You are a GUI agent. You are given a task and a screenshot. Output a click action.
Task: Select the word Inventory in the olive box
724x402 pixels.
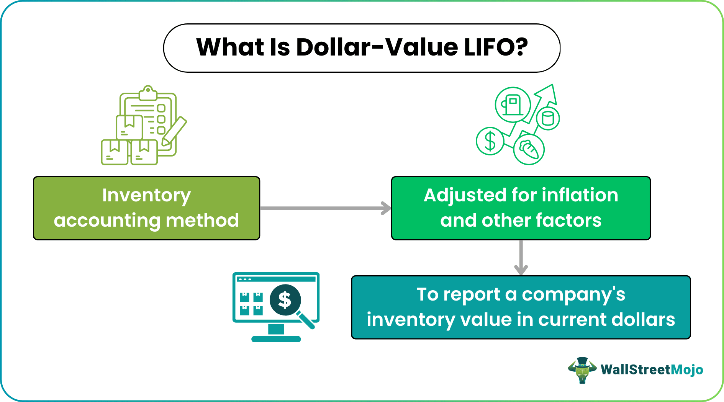(146, 196)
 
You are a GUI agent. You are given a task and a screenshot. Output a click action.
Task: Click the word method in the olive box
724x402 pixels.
(202, 221)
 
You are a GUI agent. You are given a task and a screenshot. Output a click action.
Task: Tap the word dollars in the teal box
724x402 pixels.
(644, 320)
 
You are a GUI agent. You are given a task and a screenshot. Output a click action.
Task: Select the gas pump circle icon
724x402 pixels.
(513, 105)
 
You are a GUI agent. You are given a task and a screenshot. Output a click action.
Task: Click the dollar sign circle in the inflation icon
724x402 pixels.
(490, 141)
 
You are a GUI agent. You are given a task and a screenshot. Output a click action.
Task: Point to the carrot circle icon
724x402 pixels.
(529, 150)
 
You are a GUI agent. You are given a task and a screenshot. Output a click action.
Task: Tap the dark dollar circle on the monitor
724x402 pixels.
(285, 300)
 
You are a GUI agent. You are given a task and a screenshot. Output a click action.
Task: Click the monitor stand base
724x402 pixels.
(276, 338)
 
